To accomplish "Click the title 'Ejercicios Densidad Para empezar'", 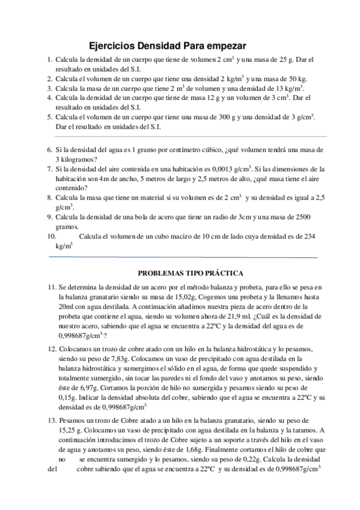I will (168, 46).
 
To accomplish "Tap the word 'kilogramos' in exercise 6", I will (84, 159).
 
